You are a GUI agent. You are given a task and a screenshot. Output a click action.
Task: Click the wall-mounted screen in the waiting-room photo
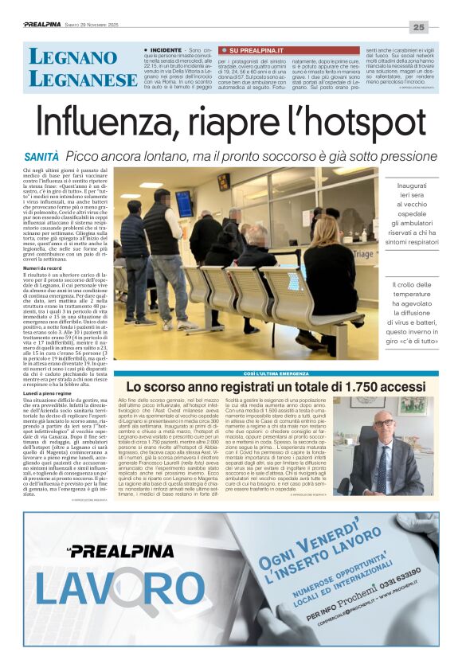[x=184, y=203]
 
